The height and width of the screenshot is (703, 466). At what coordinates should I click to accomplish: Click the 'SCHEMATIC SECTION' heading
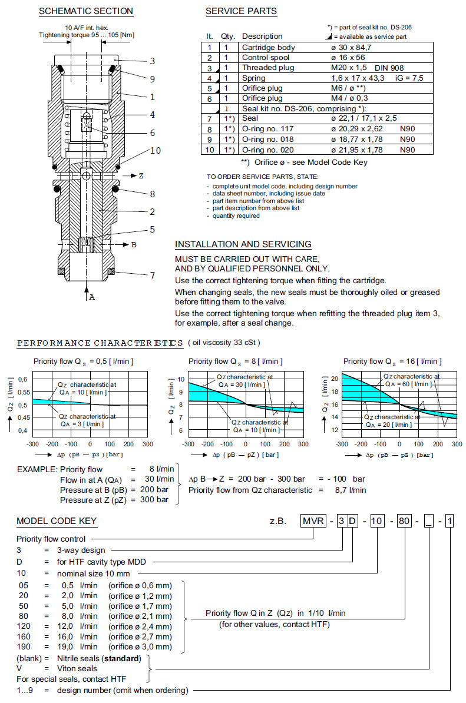[x=86, y=11]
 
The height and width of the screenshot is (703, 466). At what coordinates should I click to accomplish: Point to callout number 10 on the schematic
[x=155, y=151]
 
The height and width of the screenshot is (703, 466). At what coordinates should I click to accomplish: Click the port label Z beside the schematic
[x=141, y=176]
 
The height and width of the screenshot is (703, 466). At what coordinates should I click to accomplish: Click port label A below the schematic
[x=91, y=297]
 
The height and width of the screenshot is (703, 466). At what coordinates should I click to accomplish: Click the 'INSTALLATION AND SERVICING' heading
[x=243, y=244]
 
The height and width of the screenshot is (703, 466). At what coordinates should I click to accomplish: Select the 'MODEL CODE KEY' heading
[x=57, y=521]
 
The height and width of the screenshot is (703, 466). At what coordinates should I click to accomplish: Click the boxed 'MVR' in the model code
[x=312, y=521]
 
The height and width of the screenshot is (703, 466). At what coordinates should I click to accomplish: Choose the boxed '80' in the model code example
[x=404, y=521]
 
